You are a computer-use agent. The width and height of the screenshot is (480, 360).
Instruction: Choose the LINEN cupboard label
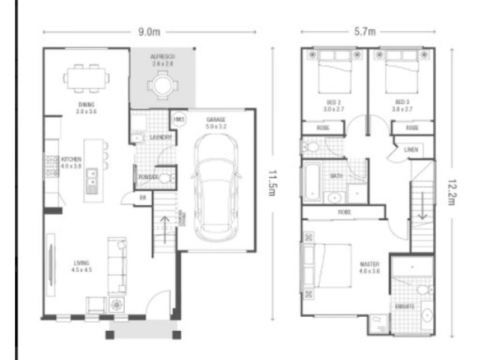pyautogui.click(x=411, y=149)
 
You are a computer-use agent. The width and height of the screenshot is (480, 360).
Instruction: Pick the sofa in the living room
pyautogui.click(x=117, y=264)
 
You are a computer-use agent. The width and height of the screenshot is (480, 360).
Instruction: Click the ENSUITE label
pyautogui.click(x=405, y=306)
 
